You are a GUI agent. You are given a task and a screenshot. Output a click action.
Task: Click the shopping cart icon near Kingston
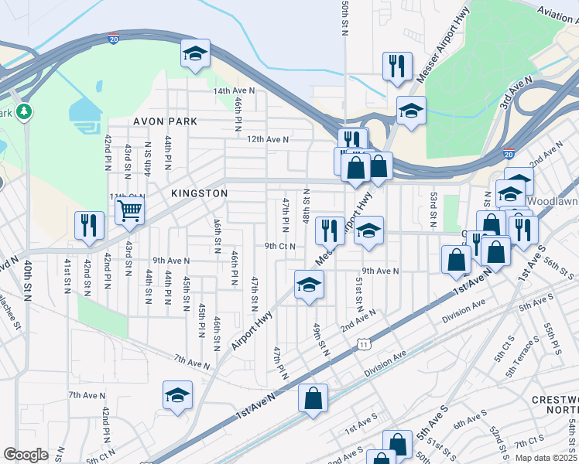(130, 209)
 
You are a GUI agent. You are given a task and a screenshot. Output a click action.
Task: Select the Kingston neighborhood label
(200, 193)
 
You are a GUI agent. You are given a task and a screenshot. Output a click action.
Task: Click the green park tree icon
(24, 112)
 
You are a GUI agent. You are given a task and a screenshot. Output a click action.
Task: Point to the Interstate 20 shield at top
(114, 39)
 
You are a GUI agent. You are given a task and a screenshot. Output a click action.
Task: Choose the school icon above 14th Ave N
(194, 55)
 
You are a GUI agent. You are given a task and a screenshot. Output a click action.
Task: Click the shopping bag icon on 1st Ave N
(313, 399)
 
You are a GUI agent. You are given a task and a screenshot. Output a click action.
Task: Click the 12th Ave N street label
(268, 139)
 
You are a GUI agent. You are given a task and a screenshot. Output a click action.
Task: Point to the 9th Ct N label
(280, 246)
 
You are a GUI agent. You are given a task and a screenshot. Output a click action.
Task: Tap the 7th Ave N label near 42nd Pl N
(87, 395)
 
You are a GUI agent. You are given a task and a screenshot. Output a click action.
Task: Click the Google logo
(26, 455)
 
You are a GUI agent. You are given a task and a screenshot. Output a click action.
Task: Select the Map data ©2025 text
(546, 458)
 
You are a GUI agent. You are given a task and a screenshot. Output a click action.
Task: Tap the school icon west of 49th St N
(308, 284)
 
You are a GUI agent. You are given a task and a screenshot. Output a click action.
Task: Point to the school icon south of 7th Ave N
(177, 394)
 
